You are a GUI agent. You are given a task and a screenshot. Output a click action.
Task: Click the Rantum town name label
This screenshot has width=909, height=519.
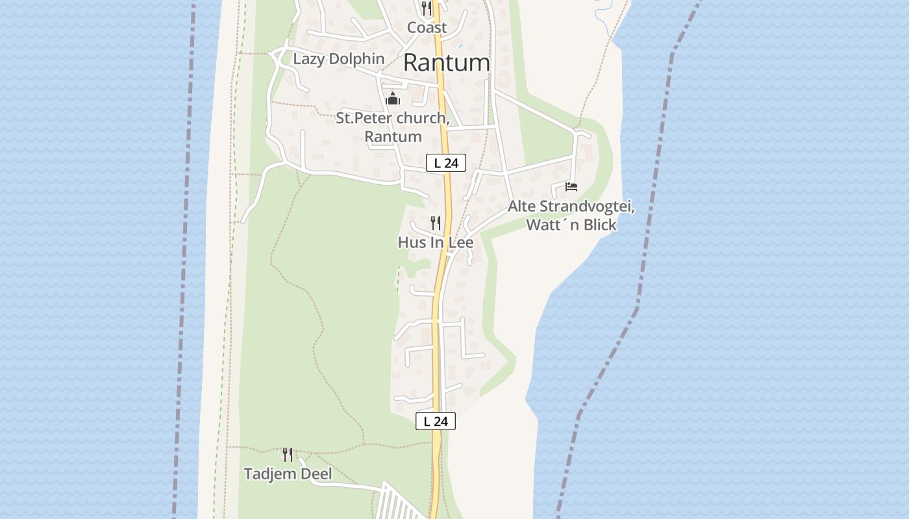pyautogui.click(x=446, y=63)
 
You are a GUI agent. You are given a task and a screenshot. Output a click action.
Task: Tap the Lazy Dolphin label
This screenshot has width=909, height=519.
pyautogui.click(x=338, y=59)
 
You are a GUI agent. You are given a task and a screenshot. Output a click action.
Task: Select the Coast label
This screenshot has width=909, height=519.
pyautogui.click(x=427, y=27)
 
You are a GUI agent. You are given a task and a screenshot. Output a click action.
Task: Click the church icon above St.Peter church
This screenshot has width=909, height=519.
pyautogui.click(x=392, y=99)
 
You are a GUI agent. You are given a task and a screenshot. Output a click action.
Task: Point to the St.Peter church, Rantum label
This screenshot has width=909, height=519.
pyautogui.click(x=393, y=127)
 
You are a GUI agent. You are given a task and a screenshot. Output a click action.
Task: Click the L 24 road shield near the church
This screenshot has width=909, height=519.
pyautogui.click(x=446, y=163)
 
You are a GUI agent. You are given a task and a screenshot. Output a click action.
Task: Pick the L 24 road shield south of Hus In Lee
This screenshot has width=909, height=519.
pyautogui.click(x=436, y=421)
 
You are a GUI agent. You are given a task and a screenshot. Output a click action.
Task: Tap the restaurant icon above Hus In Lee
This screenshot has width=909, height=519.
pyautogui.click(x=436, y=223)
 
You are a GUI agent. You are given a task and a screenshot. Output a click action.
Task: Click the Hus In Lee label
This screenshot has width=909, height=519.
pyautogui.click(x=435, y=243)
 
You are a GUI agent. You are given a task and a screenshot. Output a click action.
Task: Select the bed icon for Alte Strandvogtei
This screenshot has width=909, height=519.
pyautogui.click(x=571, y=187)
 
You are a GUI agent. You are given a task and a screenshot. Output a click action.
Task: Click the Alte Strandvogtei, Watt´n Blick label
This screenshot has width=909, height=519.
pyautogui.click(x=571, y=215)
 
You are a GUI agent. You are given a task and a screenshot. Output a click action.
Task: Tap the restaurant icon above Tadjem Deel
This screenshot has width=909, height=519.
pyautogui.click(x=288, y=454)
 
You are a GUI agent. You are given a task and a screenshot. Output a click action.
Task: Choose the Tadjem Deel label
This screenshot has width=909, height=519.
pyautogui.click(x=288, y=474)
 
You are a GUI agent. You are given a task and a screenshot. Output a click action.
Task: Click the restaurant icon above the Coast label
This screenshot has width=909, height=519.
pyautogui.click(x=427, y=8)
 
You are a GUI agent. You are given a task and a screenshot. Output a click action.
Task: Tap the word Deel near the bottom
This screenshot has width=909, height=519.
pyautogui.click(x=316, y=474)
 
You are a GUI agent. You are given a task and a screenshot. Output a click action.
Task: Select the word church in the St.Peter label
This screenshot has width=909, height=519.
pyautogui.click(x=420, y=118)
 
